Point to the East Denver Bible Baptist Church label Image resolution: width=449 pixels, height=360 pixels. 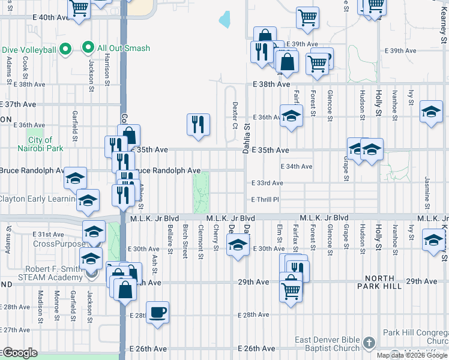[327, 344]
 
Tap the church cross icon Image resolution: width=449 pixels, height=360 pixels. [370, 343]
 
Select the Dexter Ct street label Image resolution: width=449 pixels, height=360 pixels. [235, 115]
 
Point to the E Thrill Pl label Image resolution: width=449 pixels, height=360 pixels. [267, 199]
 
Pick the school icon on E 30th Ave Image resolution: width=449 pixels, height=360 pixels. [238, 244]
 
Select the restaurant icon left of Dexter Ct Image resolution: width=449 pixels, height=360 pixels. [198, 124]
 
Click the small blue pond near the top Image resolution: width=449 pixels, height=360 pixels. [225, 20]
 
